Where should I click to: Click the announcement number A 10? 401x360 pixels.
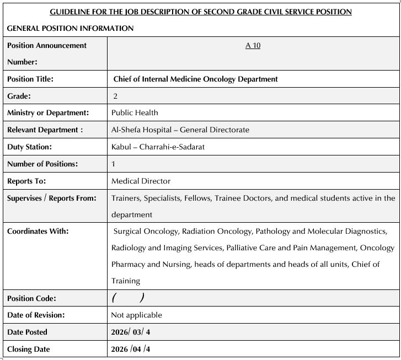point(253,45)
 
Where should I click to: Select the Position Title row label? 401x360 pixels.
point(30,79)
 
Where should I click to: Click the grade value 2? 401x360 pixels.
point(115,96)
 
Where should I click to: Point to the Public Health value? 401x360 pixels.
point(135,112)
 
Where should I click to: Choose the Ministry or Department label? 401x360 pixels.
point(48,112)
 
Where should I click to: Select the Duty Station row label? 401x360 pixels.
point(29,147)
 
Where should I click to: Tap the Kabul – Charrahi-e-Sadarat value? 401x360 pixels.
point(150,147)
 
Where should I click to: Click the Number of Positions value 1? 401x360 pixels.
point(114,164)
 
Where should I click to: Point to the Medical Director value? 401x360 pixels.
point(141,181)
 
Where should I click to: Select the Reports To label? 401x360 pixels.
point(26,181)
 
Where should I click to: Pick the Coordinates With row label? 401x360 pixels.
point(38,231)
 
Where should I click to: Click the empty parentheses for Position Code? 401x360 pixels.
point(128,298)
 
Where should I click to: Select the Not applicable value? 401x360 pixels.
point(137,315)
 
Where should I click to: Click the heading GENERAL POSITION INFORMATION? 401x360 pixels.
point(70,28)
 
